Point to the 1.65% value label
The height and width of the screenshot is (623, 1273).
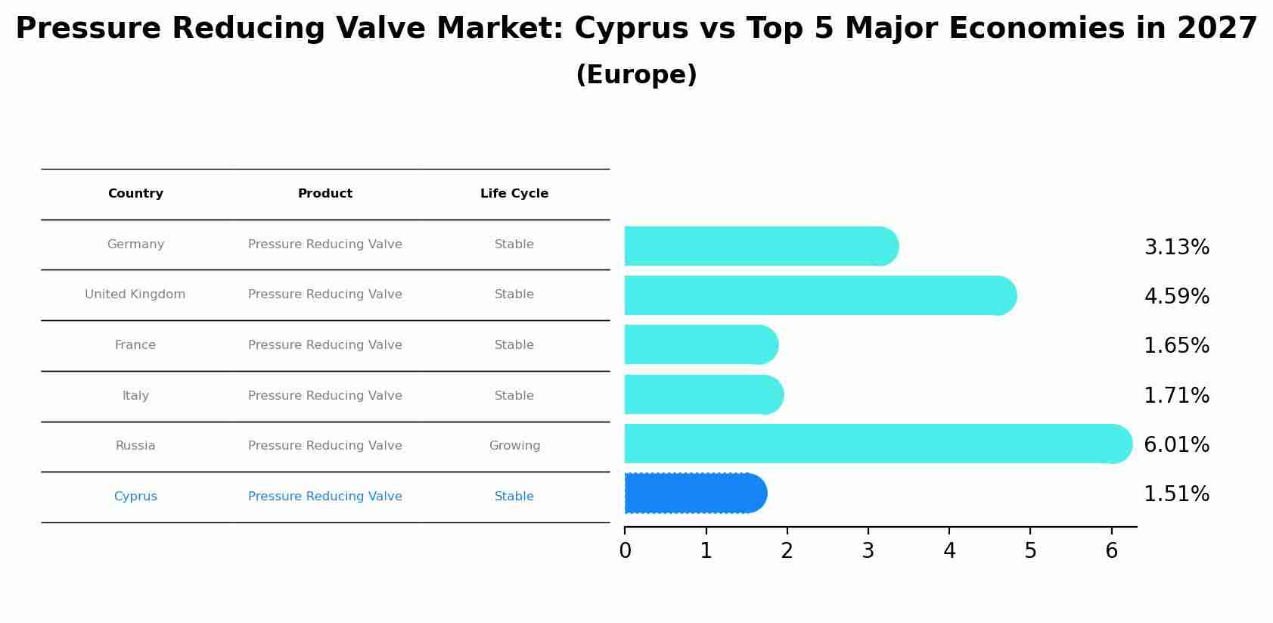coord(1176,346)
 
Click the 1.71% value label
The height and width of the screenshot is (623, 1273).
coord(1176,395)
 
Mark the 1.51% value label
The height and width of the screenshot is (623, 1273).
coord(1176,494)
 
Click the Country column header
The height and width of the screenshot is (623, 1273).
coord(135,194)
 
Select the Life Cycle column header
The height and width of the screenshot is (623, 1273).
coord(514,194)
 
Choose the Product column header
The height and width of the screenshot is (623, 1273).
coord(325,194)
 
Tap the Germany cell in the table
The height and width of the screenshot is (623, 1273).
coord(135,245)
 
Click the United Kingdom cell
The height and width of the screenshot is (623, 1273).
coord(135,294)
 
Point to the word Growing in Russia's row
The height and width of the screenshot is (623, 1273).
coord(514,446)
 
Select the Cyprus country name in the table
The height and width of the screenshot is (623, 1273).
coord(135,497)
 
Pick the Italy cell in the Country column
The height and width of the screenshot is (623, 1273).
coord(135,396)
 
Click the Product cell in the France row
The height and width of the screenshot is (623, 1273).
coord(325,345)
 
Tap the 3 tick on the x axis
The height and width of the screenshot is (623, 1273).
coord(868,551)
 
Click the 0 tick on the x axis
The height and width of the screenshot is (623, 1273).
coord(625,551)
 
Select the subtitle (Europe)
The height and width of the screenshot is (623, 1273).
coord(636,75)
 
